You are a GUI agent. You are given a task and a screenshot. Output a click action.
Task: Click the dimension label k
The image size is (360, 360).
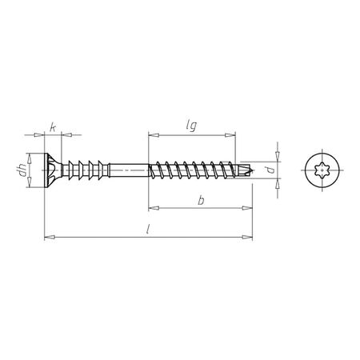tap(52, 126)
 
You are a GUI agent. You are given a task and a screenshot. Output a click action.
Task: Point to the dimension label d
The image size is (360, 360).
tap(272, 170)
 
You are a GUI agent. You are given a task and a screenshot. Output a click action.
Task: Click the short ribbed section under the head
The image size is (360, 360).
tap(80, 170)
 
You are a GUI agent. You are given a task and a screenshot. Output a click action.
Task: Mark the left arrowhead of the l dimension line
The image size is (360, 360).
tap(47, 236)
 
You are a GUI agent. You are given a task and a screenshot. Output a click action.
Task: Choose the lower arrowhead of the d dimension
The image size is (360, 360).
tap(278, 182)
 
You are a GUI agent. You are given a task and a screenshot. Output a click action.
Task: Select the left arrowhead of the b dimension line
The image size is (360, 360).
tap(152, 207)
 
